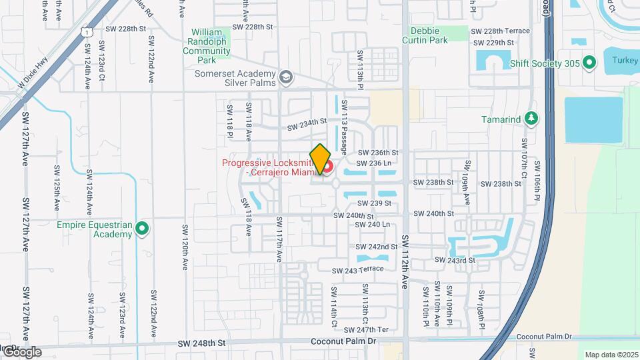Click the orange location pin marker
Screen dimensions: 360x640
[320, 159]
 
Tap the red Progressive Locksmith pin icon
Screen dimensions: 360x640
[329, 164]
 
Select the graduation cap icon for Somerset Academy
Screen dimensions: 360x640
[286, 78]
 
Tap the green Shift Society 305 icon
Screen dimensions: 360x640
[589, 63]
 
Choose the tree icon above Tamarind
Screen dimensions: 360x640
[531, 119]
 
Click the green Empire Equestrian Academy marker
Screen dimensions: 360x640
[142, 229]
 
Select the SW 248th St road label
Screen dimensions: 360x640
[203, 343]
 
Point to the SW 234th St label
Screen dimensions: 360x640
[307, 125]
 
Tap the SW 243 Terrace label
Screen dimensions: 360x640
[358, 269]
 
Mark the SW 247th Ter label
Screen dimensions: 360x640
[372, 329]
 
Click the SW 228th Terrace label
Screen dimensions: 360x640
[500, 31]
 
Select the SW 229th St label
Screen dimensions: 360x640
[493, 43]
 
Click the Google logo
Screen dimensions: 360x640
[21, 351]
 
